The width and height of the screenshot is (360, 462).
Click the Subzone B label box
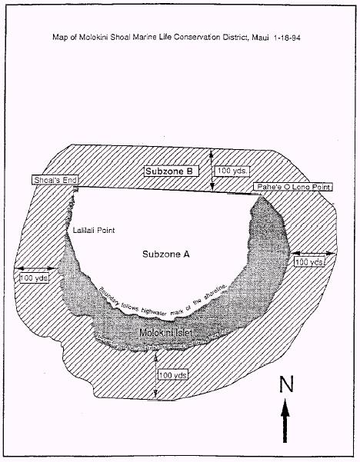(x=172, y=171)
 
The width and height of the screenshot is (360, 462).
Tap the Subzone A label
(x=166, y=254)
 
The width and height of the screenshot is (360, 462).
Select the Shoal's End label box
(x=55, y=180)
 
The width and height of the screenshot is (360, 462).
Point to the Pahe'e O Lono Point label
(x=293, y=187)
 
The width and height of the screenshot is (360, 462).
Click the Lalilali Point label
(x=94, y=230)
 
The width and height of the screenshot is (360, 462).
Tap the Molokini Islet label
(x=165, y=333)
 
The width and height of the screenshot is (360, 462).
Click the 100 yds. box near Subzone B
(x=232, y=171)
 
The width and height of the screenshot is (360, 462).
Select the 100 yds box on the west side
(x=34, y=278)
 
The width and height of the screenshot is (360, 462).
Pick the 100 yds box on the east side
(x=309, y=261)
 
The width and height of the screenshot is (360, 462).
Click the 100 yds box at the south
(x=173, y=375)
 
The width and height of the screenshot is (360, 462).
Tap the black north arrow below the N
(x=285, y=420)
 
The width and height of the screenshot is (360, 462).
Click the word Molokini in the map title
(x=94, y=38)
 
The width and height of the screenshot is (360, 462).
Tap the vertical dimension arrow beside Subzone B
(x=212, y=170)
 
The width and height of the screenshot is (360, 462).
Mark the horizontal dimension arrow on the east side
(x=313, y=253)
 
